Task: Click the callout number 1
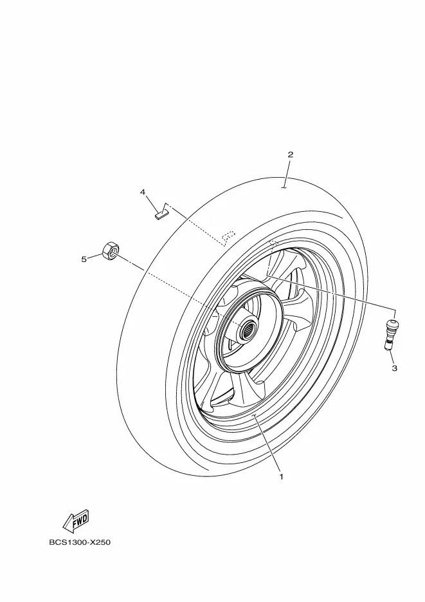(x=281, y=477)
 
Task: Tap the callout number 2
(x=291, y=155)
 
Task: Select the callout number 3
(x=394, y=368)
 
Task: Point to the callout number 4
(x=143, y=192)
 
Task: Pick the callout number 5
(x=84, y=259)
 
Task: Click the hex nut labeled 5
(x=110, y=250)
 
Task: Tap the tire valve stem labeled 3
(x=390, y=334)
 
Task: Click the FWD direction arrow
(x=76, y=521)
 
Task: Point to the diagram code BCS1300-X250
(x=80, y=543)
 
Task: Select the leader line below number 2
(x=287, y=174)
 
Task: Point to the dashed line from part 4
(x=195, y=225)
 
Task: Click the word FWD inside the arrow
(x=80, y=519)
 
